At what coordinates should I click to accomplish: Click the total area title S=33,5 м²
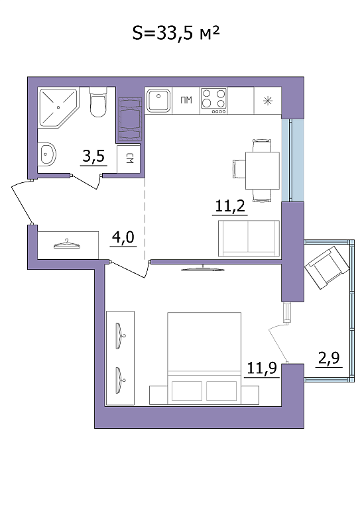[x=176, y=32]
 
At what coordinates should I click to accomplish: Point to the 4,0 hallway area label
[x=123, y=237]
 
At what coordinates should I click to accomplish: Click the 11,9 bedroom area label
[x=262, y=368]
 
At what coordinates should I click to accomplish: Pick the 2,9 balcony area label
[x=329, y=358]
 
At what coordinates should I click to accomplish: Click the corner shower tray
[x=59, y=107]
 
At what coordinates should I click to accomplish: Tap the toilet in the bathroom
[x=97, y=102]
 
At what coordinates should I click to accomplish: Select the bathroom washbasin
[x=48, y=154]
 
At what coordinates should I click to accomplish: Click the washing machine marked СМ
[x=129, y=159]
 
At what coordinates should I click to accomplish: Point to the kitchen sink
[x=158, y=100]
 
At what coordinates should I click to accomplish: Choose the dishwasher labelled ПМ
[x=186, y=100]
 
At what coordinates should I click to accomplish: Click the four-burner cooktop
[x=213, y=101]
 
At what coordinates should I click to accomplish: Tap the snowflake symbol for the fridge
[x=267, y=101]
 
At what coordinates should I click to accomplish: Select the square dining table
[x=263, y=170]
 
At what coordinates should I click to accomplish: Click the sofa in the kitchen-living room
[x=249, y=238]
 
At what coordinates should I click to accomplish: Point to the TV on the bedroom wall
[x=203, y=268]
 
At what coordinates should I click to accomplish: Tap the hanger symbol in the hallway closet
[x=66, y=245]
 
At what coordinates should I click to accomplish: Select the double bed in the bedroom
[x=204, y=358]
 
